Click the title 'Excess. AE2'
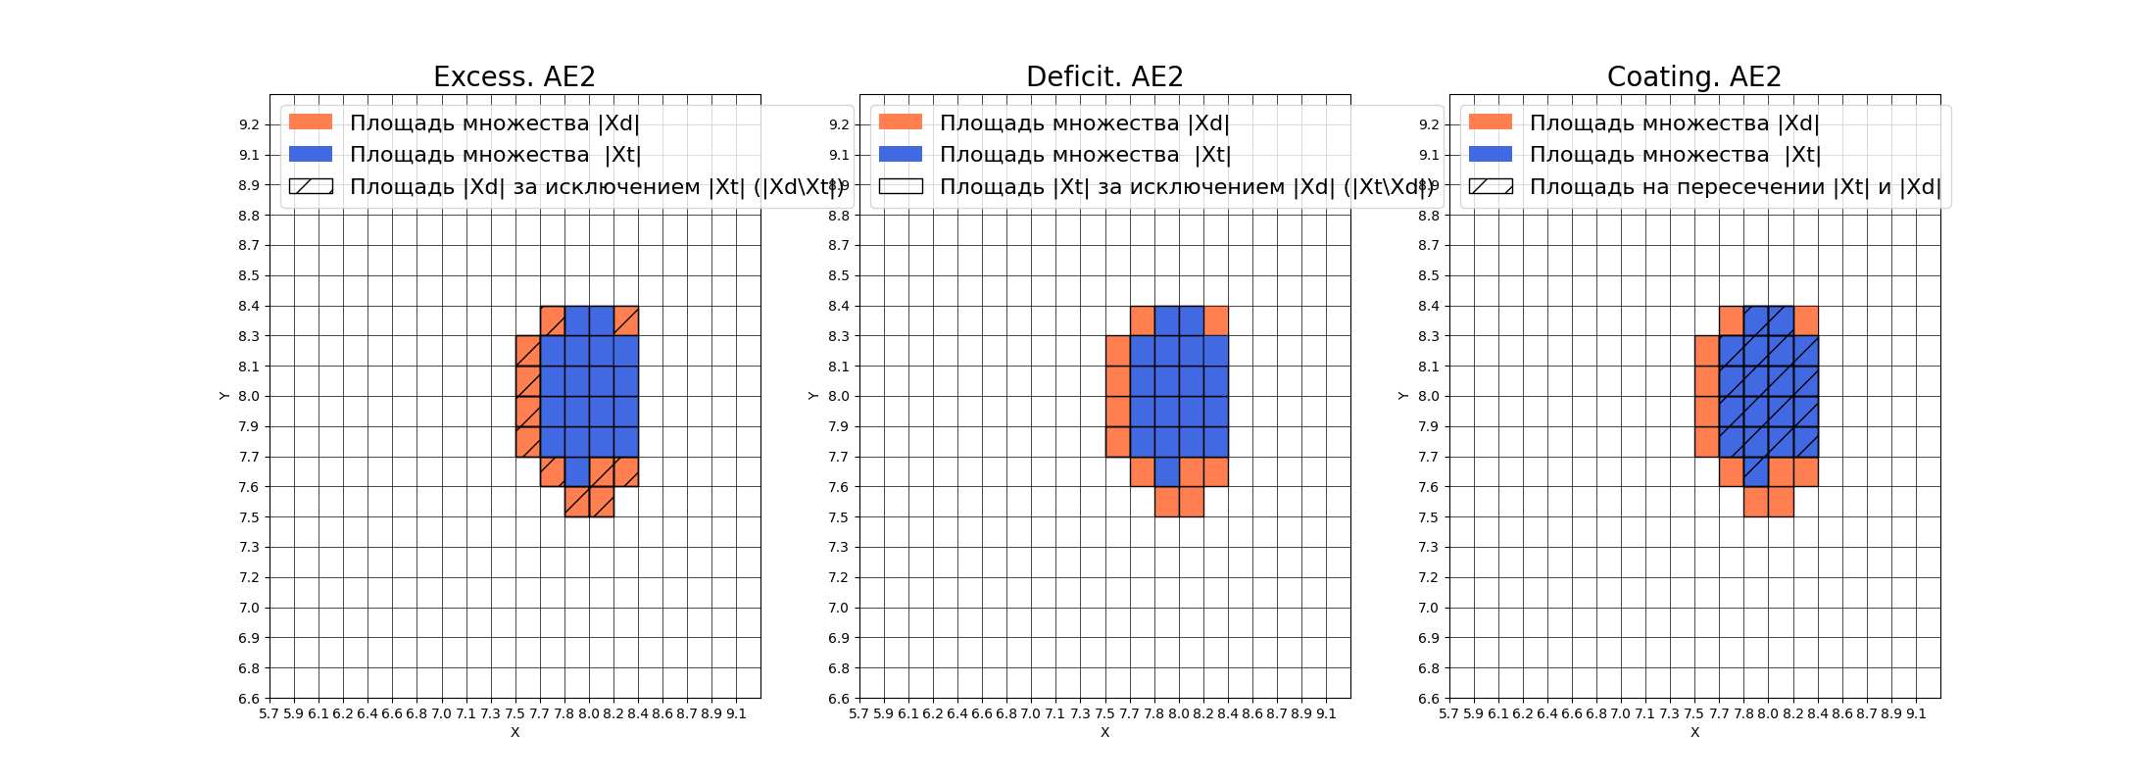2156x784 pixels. [514, 76]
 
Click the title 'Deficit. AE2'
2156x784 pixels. [1104, 76]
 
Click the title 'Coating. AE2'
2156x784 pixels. [1693, 76]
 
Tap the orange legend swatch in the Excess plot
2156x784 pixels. [311, 122]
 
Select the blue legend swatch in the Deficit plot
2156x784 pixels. [901, 154]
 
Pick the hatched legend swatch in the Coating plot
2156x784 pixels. [1491, 186]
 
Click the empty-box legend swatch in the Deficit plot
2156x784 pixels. [901, 186]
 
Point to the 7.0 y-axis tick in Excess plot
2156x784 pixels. [249, 608]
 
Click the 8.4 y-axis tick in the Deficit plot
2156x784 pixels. [839, 306]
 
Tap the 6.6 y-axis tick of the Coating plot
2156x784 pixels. [1429, 699]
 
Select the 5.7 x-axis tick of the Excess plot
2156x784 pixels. [269, 713]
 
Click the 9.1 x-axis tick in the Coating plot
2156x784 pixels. [1916, 713]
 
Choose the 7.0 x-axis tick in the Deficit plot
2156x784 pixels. [1031, 713]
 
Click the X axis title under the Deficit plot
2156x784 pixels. [1104, 732]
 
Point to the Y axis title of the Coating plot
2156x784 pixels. [1403, 396]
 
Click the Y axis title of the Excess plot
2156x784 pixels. [224, 396]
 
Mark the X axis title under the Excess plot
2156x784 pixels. [514, 732]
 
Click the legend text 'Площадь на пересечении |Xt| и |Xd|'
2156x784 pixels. [1735, 186]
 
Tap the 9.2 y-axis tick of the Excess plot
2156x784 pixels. [249, 124]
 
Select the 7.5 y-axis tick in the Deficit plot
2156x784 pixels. [839, 517]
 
